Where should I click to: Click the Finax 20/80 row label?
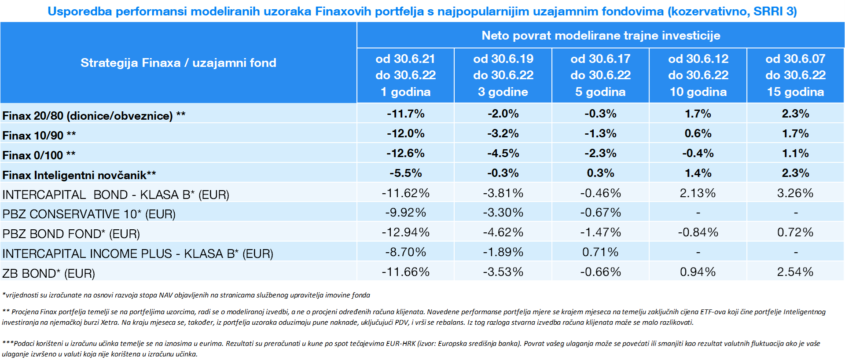click(x=94, y=116)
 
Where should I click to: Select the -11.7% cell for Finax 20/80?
click(x=405, y=114)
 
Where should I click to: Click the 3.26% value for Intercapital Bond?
click(x=795, y=193)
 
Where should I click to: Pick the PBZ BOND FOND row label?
click(x=71, y=234)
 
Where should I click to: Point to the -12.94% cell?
click(x=405, y=232)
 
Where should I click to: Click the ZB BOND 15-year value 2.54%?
click(x=795, y=272)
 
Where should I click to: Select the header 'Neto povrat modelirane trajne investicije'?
click(x=601, y=36)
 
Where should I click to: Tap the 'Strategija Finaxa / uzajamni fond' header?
click(x=178, y=63)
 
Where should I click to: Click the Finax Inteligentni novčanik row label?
click(x=79, y=175)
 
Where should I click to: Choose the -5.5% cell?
click(x=405, y=173)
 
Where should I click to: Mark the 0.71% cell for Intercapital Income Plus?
click(x=600, y=252)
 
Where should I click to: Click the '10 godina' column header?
click(x=698, y=92)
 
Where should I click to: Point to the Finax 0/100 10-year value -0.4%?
click(x=698, y=154)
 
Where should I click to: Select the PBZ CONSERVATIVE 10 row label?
click(x=89, y=214)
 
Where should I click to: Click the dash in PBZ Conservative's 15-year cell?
click(x=795, y=213)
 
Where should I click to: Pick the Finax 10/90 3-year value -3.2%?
click(x=503, y=134)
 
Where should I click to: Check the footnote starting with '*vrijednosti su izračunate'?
click(x=186, y=295)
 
